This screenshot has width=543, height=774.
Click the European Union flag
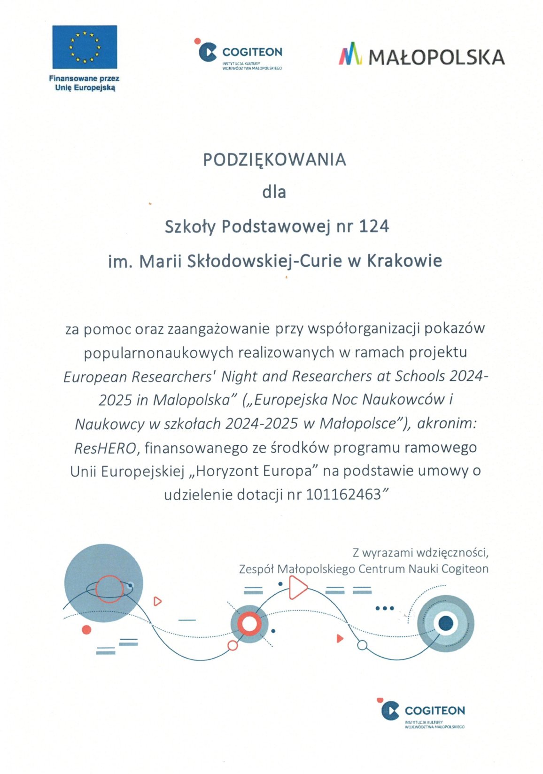[85, 47]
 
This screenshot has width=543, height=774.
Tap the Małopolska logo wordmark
[436, 57]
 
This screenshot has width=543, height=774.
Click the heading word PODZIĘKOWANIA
[274, 160]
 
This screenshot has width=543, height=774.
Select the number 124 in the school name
[374, 227]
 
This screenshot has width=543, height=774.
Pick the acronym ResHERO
[105, 448]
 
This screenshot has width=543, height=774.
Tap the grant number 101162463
[343, 495]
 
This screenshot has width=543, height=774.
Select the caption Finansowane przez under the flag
[84, 78]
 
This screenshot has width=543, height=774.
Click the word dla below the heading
[274, 192]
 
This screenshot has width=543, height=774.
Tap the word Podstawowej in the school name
[277, 227]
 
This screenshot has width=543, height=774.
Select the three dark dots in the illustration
[385, 608]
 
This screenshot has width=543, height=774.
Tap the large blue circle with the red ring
[103, 583]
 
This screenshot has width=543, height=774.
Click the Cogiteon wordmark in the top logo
[252, 52]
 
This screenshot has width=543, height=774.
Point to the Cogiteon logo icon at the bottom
[389, 710]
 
